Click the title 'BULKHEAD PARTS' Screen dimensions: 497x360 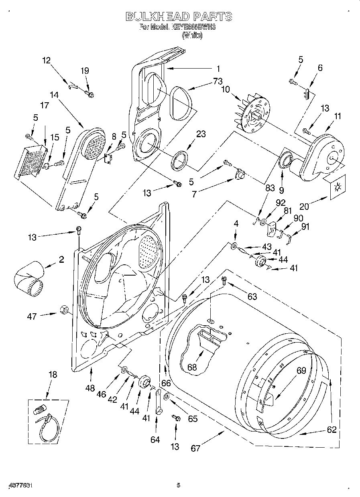179,16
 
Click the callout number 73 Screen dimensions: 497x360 218,81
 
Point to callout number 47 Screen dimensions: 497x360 32,316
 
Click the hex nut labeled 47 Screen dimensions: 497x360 64,310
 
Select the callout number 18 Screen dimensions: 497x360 53,375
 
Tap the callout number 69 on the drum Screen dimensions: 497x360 301,371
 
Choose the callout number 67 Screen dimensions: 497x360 195,448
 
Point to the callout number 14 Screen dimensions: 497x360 54,95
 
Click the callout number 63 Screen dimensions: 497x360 252,297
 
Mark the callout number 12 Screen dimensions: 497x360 47,61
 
